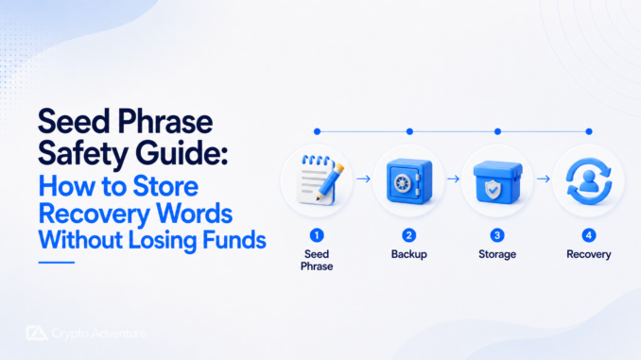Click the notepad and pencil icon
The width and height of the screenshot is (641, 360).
pos(320,180)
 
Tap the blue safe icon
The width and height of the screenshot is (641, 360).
pos(409,181)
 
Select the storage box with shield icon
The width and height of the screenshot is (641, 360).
pos(497,181)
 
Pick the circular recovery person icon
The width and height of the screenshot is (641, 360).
pos(589,181)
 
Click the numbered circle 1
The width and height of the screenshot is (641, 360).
pos(317,235)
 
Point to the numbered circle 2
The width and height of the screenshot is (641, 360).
pos(408,235)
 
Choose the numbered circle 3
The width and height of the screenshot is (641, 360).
pos(497,235)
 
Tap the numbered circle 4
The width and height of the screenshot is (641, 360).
pos(589,235)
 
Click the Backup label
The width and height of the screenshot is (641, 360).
pos(408,254)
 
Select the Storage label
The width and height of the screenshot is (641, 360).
pos(497,254)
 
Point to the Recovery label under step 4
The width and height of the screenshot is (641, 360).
pos(589,254)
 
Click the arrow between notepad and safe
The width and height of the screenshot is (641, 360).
pos(363,179)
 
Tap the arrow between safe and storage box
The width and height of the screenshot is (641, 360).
pos(453,179)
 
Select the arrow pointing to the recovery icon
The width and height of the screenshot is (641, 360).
pos(544,179)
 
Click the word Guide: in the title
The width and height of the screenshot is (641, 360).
pos(182,153)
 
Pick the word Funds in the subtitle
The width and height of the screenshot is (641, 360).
pos(234,239)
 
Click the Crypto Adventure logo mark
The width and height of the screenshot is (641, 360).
pos(36,333)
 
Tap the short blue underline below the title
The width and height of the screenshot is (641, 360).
pos(57,263)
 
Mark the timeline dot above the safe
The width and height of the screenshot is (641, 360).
pos(409,131)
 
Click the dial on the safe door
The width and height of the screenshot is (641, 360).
pos(402,182)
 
